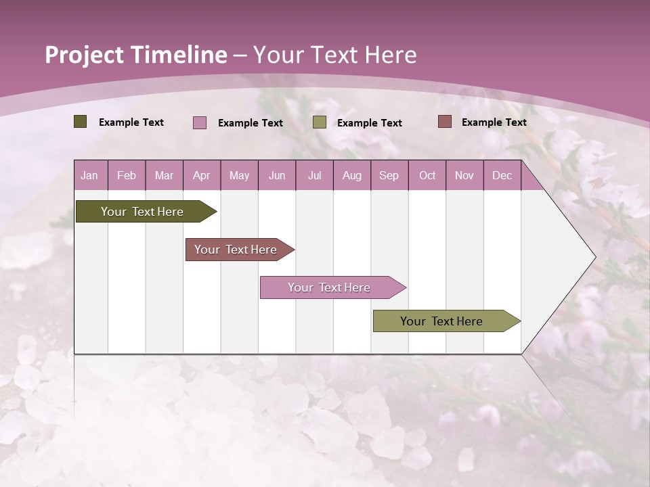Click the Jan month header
point(90,175)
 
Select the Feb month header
point(127,175)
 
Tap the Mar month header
point(164,175)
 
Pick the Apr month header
point(202,175)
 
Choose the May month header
point(239,175)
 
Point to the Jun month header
point(277,175)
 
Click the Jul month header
point(314,175)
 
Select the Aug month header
point(352,175)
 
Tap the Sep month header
point(389,175)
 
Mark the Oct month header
point(427,175)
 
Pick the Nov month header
point(464,175)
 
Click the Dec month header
point(502,175)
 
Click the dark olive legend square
point(81,122)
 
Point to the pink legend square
point(200,122)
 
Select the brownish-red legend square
point(444,122)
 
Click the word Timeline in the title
point(178,55)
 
